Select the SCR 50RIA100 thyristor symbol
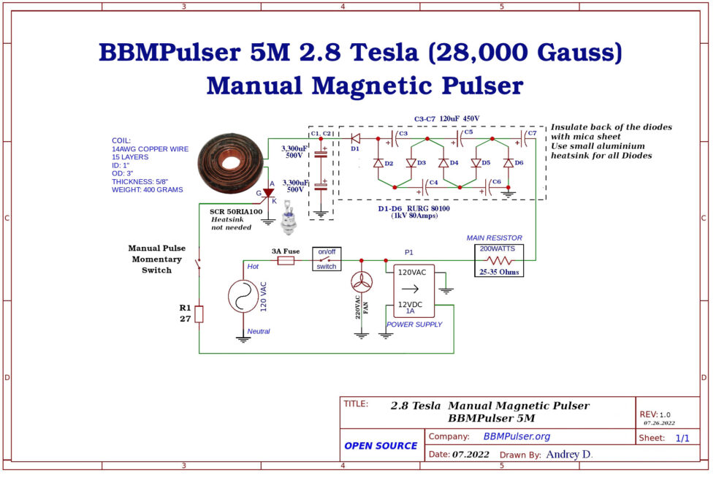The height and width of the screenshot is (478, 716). (267, 192)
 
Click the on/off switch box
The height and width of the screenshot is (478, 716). (327, 259)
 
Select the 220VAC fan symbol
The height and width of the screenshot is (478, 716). (362, 282)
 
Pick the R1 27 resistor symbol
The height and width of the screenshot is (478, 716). (199, 314)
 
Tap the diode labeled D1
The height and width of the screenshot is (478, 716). (356, 137)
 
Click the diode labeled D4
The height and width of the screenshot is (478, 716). (443, 163)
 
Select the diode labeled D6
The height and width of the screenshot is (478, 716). (509, 163)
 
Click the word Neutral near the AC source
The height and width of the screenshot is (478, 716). (259, 331)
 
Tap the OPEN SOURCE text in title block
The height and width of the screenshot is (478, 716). (380, 445)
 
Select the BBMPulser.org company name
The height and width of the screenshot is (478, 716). (517, 436)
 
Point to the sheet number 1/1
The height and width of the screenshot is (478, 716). (682, 438)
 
